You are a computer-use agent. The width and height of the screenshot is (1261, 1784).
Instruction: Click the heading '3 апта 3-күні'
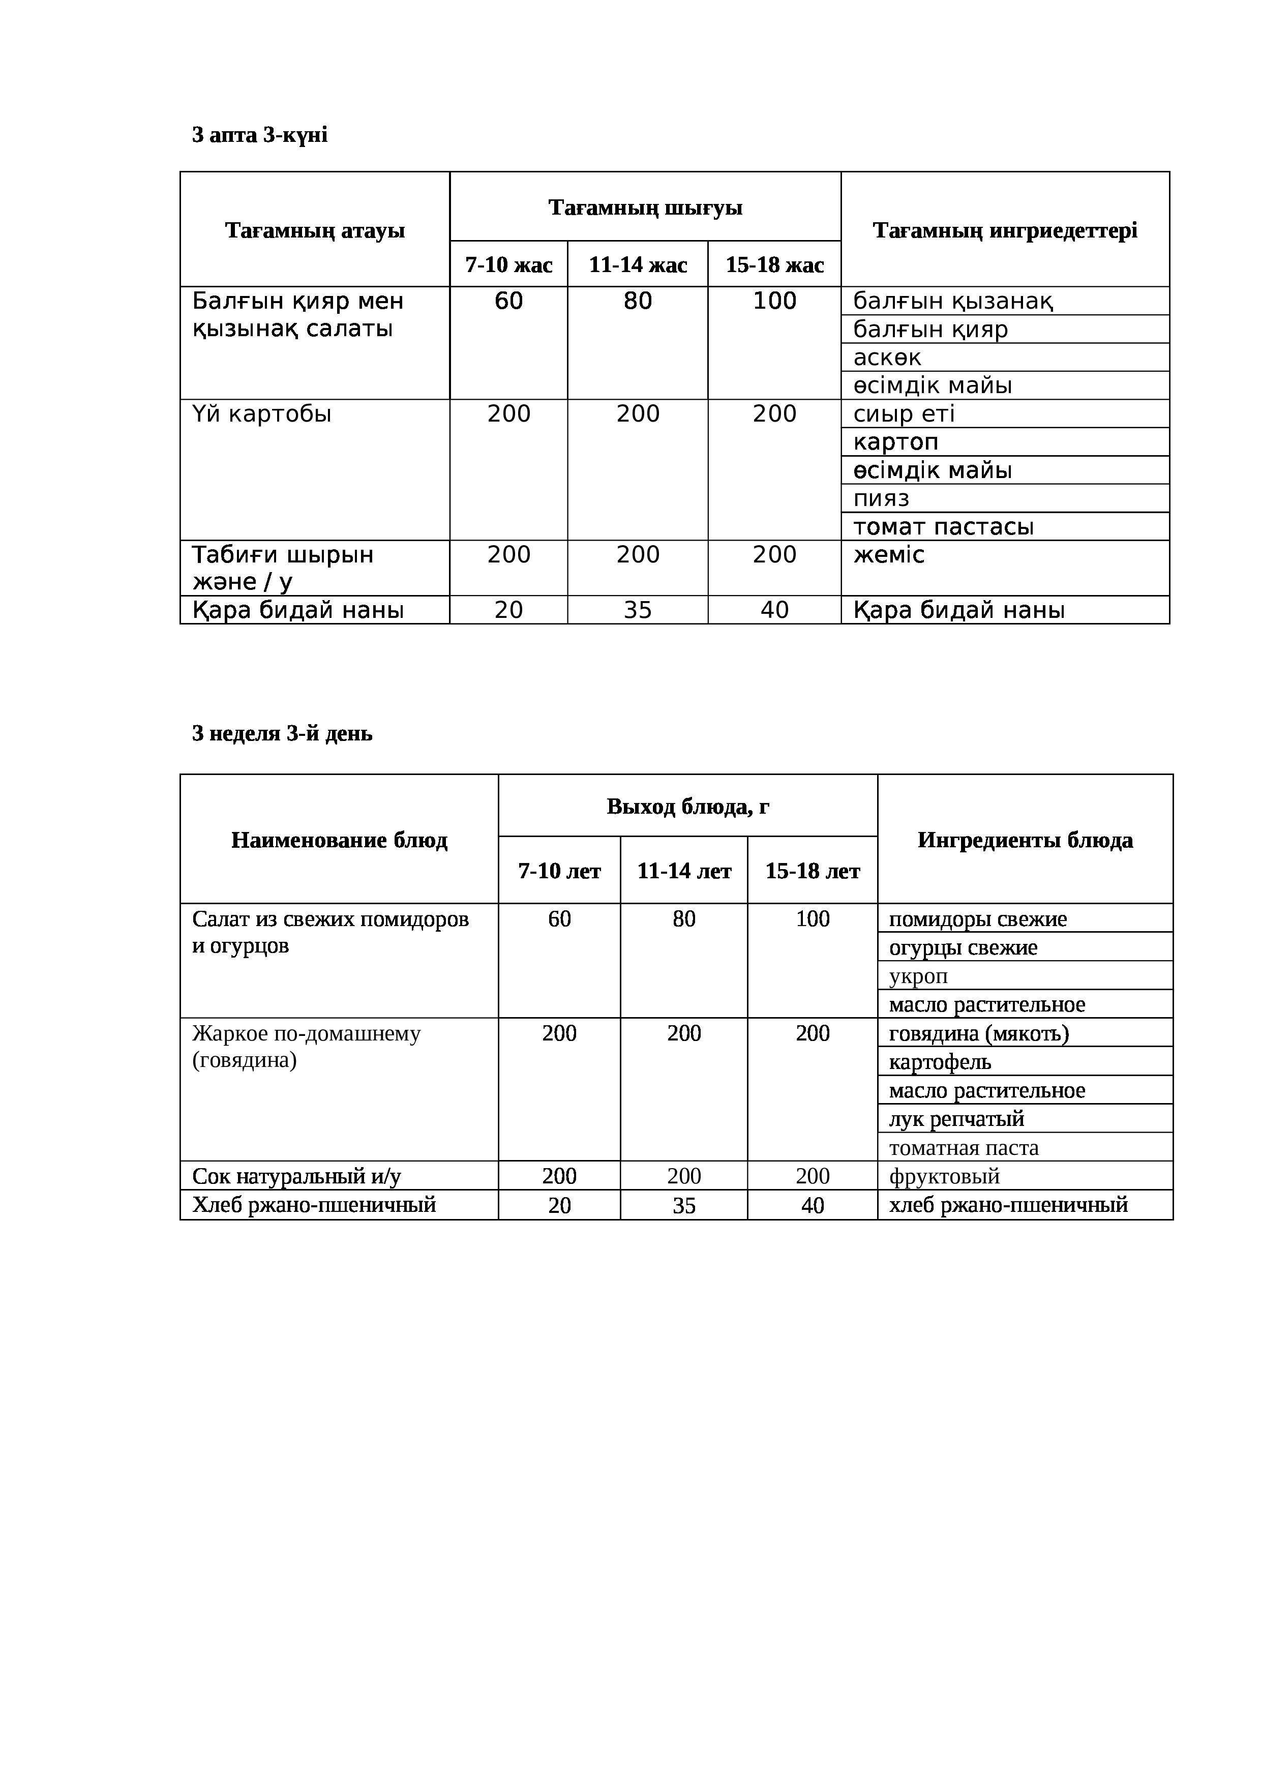(x=259, y=135)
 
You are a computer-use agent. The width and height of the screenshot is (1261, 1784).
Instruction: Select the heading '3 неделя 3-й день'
(x=282, y=733)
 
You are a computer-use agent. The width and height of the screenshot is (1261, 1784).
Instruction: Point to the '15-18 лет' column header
(x=812, y=871)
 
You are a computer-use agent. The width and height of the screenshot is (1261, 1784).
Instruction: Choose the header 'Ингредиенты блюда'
(x=1025, y=840)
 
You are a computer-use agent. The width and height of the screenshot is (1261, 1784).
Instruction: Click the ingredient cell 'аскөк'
(x=886, y=358)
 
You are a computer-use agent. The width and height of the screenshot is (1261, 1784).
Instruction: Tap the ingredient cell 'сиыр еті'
(x=904, y=414)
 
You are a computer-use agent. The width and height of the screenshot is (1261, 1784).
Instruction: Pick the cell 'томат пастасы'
(x=943, y=527)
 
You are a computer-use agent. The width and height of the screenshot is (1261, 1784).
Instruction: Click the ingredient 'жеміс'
(x=889, y=555)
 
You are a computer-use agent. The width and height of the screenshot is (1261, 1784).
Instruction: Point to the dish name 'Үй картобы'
(x=262, y=414)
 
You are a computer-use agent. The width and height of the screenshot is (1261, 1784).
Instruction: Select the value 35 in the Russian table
(x=684, y=1205)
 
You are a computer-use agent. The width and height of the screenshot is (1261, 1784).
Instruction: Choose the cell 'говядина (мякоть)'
(x=979, y=1033)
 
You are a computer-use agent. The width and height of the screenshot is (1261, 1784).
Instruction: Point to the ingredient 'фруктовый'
(x=944, y=1176)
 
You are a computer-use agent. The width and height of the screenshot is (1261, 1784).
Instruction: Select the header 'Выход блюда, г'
(x=687, y=807)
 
